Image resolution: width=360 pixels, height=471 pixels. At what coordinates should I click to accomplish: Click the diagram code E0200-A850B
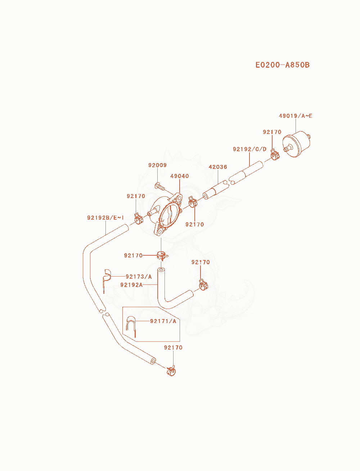[282, 65]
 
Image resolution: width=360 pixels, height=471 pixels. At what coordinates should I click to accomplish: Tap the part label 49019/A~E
[296, 116]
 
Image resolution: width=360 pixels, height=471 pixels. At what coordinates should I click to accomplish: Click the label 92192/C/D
[249, 149]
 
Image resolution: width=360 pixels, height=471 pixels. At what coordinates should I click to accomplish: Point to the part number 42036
[218, 167]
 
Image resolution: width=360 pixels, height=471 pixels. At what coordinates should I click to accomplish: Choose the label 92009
[157, 165]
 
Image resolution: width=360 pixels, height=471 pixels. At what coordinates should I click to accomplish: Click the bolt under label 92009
[160, 186]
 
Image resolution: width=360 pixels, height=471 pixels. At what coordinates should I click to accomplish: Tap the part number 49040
[179, 176]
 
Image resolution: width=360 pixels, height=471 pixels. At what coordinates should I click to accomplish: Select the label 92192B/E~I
[105, 217]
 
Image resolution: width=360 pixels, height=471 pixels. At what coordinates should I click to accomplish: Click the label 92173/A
[139, 277]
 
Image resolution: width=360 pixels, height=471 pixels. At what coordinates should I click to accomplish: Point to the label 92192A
[131, 285]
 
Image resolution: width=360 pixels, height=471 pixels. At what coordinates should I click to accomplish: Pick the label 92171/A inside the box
[163, 321]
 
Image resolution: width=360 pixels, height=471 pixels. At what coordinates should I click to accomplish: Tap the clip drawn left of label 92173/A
[107, 277]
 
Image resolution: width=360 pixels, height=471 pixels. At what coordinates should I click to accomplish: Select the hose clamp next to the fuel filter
[275, 154]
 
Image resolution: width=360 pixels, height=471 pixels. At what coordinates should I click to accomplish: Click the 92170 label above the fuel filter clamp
[272, 132]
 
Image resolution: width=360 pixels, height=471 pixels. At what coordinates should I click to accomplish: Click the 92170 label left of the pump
[136, 196]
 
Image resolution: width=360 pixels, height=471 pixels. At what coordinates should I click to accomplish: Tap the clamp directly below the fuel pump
[162, 256]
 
